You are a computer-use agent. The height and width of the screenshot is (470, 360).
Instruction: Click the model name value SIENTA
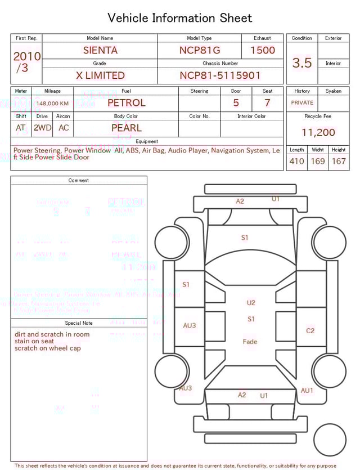[100, 50]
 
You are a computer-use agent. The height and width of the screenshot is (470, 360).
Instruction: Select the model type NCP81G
[200, 50]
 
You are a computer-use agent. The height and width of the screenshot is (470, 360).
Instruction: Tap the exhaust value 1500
[263, 50]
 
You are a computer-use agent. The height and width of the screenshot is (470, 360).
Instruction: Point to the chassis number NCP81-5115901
[220, 75]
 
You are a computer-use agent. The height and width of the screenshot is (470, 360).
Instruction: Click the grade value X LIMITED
[100, 75]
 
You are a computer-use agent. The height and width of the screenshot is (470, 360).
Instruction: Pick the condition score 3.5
[302, 62]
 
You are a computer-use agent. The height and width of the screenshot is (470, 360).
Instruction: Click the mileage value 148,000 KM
[52, 104]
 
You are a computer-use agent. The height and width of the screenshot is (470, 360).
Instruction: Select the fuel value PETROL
[126, 102]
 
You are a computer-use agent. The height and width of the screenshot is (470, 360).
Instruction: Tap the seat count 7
[267, 103]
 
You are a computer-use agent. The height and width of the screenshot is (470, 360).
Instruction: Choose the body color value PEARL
[127, 128]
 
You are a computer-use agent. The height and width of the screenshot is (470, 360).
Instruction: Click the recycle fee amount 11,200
[318, 132]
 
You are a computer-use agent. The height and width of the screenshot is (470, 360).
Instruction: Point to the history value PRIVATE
[302, 103]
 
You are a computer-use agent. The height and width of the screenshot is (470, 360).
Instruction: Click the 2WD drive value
[42, 128]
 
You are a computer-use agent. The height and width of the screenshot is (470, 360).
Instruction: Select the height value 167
[339, 161]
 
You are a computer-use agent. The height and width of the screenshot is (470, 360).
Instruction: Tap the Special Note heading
[79, 323]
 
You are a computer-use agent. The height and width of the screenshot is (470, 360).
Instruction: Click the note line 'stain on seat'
[34, 341]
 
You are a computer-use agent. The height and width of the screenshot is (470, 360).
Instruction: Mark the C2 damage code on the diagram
[310, 330]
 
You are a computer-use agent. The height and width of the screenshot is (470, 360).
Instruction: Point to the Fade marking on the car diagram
[250, 342]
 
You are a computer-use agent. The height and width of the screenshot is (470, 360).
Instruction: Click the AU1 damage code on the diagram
[307, 390]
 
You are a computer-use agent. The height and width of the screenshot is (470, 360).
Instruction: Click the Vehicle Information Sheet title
[180, 18]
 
